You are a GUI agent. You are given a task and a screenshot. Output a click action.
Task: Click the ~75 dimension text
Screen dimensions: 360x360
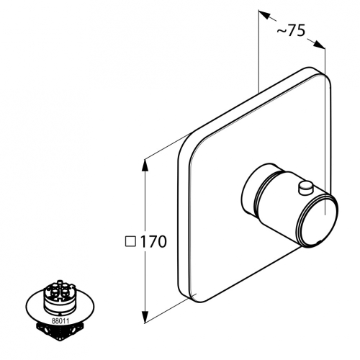tap(291, 31)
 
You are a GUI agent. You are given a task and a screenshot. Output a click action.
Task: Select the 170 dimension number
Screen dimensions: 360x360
tap(153, 242)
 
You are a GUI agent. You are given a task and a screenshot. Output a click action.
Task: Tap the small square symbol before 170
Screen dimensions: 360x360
tap(131, 242)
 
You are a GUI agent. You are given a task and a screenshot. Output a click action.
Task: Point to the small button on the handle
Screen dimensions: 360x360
tap(305, 186)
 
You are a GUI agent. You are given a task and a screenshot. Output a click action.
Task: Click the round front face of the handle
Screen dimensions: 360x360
tap(319, 220)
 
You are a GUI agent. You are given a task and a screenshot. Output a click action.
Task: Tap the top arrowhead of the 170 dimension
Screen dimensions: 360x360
tap(145, 165)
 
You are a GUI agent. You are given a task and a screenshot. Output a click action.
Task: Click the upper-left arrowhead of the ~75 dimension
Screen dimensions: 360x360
tap(264, 14)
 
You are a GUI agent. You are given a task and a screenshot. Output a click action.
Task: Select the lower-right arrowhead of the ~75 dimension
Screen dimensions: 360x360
tap(319, 45)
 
